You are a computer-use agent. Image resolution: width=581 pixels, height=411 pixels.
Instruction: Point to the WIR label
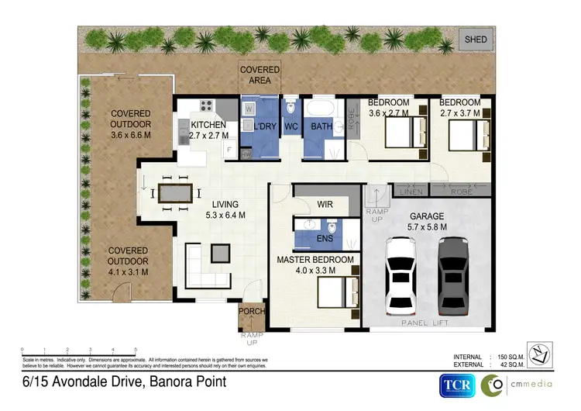click(325, 205)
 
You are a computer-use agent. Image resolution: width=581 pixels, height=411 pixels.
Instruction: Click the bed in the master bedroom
click(335, 294)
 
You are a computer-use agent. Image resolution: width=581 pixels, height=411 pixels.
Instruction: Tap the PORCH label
click(253, 312)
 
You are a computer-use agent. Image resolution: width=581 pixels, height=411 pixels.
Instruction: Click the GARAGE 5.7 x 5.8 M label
click(427, 222)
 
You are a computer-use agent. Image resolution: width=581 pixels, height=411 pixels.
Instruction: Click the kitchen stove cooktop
click(206, 107)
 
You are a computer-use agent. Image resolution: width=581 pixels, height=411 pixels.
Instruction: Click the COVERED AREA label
click(260, 74)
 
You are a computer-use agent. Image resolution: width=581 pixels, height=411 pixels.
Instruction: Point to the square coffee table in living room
click(220, 253)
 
